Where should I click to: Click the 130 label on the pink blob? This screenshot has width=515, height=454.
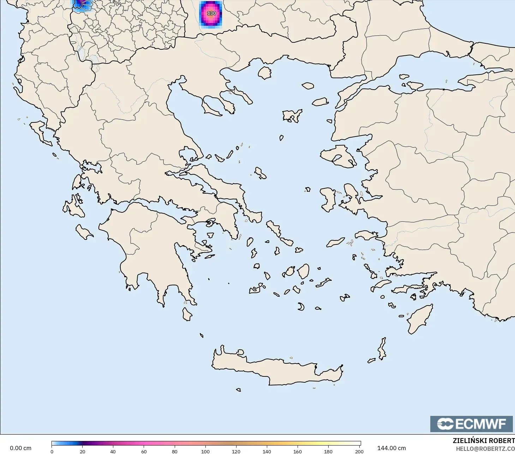(x=211, y=13)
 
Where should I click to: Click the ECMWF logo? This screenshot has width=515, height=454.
(x=471, y=424)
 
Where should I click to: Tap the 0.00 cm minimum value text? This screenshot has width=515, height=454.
(x=20, y=448)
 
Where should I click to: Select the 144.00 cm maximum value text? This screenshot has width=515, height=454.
(x=391, y=448)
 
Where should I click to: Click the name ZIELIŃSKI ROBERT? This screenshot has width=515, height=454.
(x=484, y=441)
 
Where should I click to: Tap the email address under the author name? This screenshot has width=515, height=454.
(x=485, y=449)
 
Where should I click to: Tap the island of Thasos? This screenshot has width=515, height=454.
(x=264, y=73)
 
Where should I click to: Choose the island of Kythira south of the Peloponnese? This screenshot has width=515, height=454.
(x=187, y=314)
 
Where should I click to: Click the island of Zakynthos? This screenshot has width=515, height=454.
(x=84, y=232)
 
